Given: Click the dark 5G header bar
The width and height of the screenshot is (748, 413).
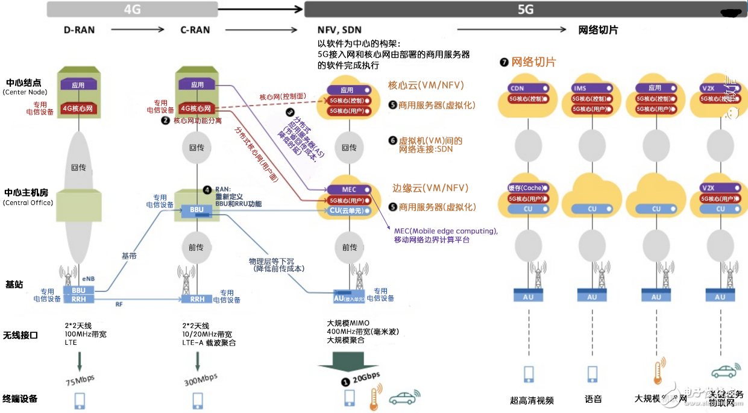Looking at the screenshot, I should point(524,9).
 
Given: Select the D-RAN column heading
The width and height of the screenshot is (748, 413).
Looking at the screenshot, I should point(79,30).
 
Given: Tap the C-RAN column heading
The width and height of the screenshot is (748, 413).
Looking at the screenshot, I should point(196,30).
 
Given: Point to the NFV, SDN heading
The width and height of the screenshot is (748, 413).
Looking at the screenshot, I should point(340,30).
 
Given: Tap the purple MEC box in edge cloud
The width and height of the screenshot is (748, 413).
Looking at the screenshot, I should point(350,189).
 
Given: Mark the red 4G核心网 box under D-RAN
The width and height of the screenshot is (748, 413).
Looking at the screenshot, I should point(79,109).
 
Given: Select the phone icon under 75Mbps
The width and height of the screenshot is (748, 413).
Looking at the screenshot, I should point(80,400).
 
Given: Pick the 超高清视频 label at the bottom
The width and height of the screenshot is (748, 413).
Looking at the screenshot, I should point(532,400).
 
